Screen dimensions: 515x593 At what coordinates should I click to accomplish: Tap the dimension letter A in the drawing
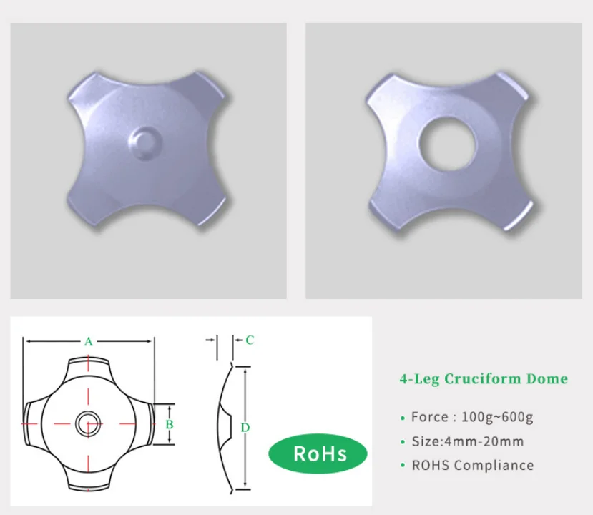point(88,342)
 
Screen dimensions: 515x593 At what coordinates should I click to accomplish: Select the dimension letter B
point(169,424)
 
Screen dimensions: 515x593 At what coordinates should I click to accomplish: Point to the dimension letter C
point(249,340)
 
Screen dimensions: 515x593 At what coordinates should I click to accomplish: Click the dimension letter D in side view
point(245,428)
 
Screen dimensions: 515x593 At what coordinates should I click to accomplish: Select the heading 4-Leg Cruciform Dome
point(483,379)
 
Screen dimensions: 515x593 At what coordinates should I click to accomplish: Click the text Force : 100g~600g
point(472,417)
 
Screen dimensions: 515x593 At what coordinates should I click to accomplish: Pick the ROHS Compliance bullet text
point(472,465)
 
